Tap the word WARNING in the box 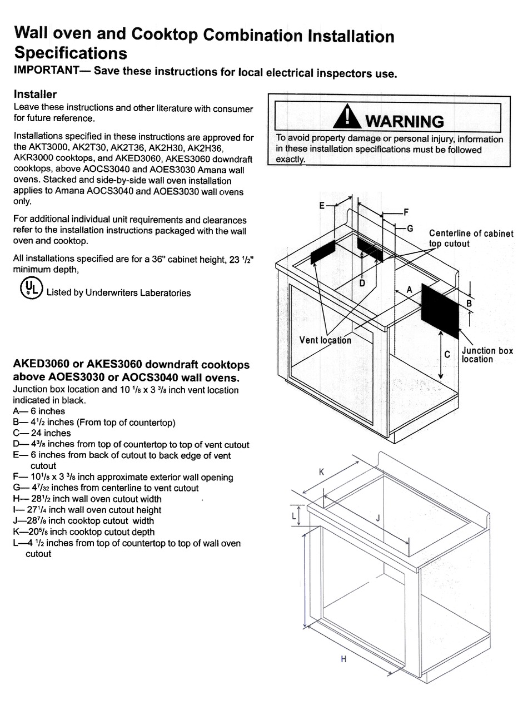[x=405, y=121]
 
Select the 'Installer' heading [x=35, y=95]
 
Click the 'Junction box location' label [x=487, y=355]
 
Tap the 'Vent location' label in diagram [x=325, y=340]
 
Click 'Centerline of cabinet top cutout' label [x=471, y=238]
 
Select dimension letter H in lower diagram [x=343, y=659]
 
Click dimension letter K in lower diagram [x=321, y=471]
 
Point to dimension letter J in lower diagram [x=377, y=518]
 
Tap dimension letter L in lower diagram [x=295, y=515]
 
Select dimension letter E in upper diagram [x=322, y=206]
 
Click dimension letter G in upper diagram [x=410, y=228]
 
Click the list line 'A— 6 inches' [x=39, y=411]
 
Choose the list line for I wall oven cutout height [x=87, y=510]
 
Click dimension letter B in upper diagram [x=469, y=303]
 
